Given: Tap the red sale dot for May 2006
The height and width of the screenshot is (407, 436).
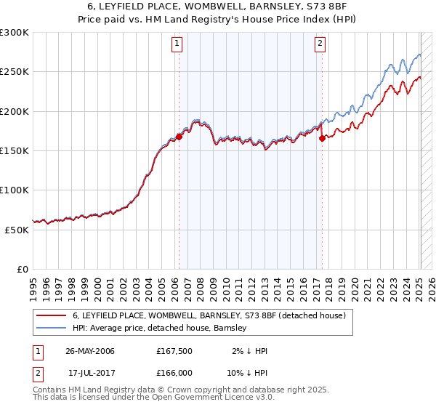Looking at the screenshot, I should (179, 137).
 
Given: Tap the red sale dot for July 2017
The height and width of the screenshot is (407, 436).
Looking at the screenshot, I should (322, 138).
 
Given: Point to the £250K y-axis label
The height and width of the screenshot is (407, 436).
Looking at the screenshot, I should (15, 72).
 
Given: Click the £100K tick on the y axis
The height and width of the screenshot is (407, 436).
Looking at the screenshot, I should (15, 190).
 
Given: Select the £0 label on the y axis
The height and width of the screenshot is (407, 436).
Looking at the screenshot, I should (23, 268).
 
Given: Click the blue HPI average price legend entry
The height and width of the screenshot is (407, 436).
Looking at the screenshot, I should (160, 328).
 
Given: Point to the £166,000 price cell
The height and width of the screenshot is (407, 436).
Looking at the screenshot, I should (174, 372).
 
